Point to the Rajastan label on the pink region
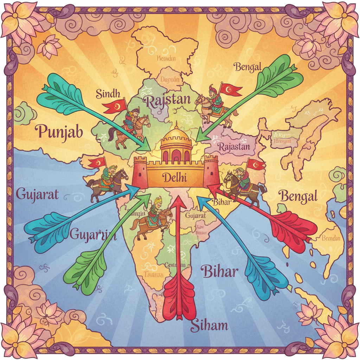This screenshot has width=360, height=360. click(234, 146)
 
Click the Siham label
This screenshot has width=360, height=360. click(209, 325)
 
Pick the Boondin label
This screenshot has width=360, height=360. click(331, 238)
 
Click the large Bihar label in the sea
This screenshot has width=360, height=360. click(219, 271)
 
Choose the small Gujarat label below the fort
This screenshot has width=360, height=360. click(195, 216)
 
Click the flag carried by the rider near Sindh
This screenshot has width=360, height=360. click(116, 105)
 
